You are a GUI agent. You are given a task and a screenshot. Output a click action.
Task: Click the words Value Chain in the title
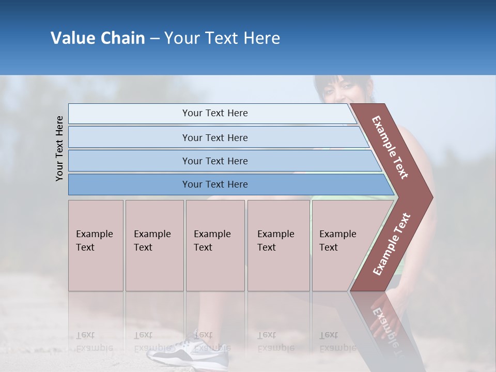point(98,38)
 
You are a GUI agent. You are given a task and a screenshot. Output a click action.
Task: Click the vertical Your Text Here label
point(59,149)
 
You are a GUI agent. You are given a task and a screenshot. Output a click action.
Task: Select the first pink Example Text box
point(96,245)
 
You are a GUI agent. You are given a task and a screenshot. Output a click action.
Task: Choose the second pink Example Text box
point(154,245)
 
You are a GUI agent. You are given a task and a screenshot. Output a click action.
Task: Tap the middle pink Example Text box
point(215,245)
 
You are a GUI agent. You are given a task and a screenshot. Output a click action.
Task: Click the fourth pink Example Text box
point(278,245)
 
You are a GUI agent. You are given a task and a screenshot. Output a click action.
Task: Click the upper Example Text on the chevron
point(390,147)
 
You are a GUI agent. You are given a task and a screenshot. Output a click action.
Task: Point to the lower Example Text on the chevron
point(392,244)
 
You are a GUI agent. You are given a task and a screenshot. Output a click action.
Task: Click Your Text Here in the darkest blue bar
point(215,184)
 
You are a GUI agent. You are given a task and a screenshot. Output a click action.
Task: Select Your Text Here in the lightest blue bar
point(215,113)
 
